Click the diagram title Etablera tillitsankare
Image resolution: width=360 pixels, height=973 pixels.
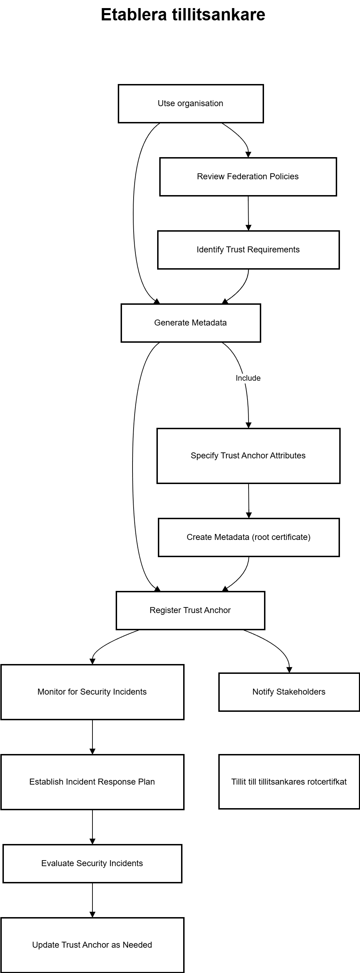(183, 15)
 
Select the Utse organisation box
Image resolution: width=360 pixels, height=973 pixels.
(191, 103)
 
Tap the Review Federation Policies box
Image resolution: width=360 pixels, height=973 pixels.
(248, 177)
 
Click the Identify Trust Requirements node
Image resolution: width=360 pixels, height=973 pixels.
(249, 250)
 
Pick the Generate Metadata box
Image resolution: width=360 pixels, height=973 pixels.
(191, 323)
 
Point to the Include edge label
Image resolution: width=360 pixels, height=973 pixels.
(248, 378)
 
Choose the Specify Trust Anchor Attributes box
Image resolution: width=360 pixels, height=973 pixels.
(249, 456)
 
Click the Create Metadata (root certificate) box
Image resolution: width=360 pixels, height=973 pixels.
(249, 537)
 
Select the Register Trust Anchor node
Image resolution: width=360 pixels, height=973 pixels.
(191, 610)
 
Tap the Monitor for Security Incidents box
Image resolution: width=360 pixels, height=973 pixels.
(92, 692)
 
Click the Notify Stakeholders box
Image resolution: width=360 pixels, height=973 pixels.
(289, 692)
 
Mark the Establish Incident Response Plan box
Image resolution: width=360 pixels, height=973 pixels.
(92, 782)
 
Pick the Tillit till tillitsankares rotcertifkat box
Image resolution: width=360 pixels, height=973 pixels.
(289, 782)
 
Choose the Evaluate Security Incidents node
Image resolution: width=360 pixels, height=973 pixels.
(92, 863)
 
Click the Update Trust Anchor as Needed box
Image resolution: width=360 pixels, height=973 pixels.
(92, 945)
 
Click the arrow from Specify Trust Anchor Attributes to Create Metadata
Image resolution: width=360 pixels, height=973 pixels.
(249, 501)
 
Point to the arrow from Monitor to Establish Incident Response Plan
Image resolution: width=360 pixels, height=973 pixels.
(92, 737)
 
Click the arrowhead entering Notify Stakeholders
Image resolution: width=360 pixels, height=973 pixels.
(289, 670)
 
